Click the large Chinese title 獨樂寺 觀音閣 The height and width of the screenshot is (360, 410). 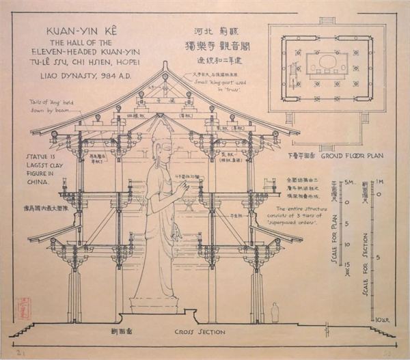[x=216, y=48]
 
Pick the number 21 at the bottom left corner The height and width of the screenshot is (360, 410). [x=18, y=352]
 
